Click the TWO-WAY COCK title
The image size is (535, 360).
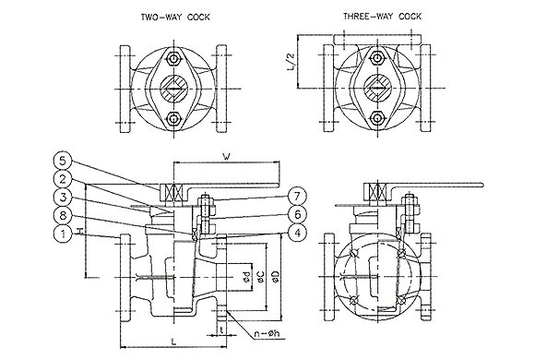click(175, 18)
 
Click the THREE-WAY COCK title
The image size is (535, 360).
click(382, 17)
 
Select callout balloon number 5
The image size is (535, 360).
click(63, 161)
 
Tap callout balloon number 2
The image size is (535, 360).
click(63, 179)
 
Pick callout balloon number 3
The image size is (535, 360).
click(63, 198)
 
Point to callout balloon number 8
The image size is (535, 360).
click(63, 216)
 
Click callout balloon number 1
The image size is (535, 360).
click(63, 234)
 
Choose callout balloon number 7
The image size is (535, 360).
click(298, 197)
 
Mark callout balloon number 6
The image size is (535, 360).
click(298, 214)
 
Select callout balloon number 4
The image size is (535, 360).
click(298, 233)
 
